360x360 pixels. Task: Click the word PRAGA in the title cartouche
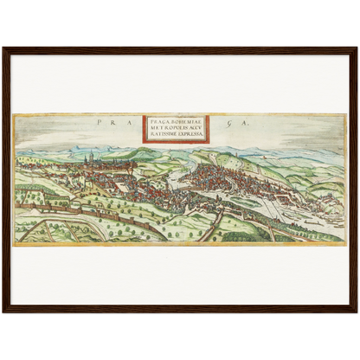[x=156, y=122]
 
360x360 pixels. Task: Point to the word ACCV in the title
[x=192, y=129]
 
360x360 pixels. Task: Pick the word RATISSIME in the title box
[x=161, y=136]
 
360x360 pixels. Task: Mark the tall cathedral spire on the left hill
[x=92, y=156]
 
